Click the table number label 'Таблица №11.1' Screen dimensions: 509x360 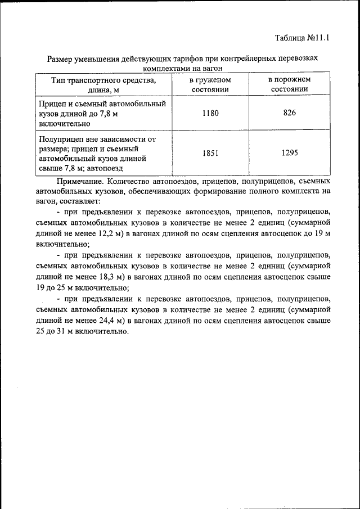tap(301, 38)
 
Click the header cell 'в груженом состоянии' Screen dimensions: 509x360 tap(210, 84)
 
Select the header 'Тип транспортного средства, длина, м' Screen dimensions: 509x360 tap(103, 84)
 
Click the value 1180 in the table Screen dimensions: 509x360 tap(210, 113)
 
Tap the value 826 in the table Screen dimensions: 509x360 tap(289, 113)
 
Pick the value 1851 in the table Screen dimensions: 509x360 tap(210, 153)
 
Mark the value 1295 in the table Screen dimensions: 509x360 tap(289, 153)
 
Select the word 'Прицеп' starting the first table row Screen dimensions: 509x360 tap(52, 103)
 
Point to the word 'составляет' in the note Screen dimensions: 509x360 tap(79, 201)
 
